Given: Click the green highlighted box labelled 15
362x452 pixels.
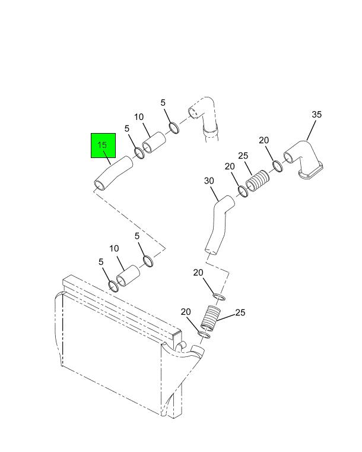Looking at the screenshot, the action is (103, 146).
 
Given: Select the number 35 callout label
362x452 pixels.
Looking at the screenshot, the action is (316, 115).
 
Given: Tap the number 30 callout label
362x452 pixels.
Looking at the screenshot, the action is (209, 181).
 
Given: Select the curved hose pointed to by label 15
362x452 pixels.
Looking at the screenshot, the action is (113, 173).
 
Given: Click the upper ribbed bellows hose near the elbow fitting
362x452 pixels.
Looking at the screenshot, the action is (257, 181).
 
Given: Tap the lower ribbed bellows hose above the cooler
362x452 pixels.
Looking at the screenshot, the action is (211, 317).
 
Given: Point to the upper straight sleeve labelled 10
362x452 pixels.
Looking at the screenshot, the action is (154, 143).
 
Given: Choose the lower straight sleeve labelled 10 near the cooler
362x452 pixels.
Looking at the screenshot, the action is (128, 276).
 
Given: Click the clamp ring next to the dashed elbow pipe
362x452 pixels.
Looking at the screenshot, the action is (174, 128).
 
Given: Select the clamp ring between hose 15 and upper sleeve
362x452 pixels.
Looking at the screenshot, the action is (139, 153).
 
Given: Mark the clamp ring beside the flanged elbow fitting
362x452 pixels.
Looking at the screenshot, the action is (278, 166).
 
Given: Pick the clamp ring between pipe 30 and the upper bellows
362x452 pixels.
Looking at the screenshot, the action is (243, 192).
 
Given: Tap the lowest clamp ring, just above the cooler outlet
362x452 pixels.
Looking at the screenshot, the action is (204, 334).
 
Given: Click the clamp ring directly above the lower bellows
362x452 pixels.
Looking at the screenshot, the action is (219, 296).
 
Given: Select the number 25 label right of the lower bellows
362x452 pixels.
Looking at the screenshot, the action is (240, 312).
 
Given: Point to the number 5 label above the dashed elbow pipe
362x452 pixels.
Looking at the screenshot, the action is (163, 103).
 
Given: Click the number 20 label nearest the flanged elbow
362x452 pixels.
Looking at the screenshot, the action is (264, 140).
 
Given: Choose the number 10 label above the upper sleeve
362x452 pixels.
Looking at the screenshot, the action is (138, 117).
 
